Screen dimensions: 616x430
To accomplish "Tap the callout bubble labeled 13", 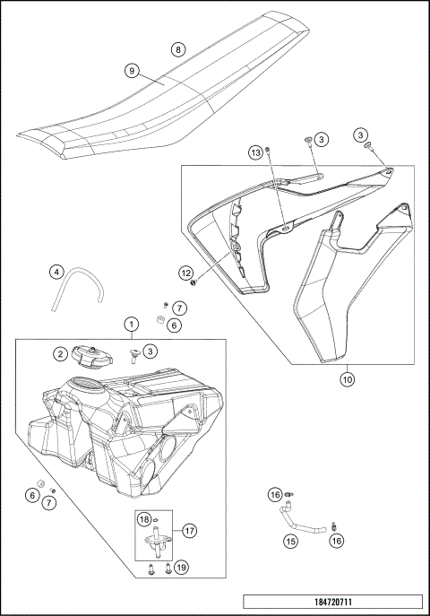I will [x=255, y=152].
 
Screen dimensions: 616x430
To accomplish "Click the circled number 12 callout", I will [x=185, y=272].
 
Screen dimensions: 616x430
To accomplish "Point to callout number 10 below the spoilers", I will [x=347, y=378].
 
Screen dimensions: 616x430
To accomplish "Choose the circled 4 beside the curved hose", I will [x=56, y=272].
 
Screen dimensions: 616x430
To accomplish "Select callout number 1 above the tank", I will [x=131, y=323].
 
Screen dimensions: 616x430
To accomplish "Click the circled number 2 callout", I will [x=61, y=354].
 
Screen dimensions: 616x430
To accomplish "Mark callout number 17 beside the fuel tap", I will [x=189, y=531].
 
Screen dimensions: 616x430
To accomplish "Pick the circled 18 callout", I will [x=143, y=520].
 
